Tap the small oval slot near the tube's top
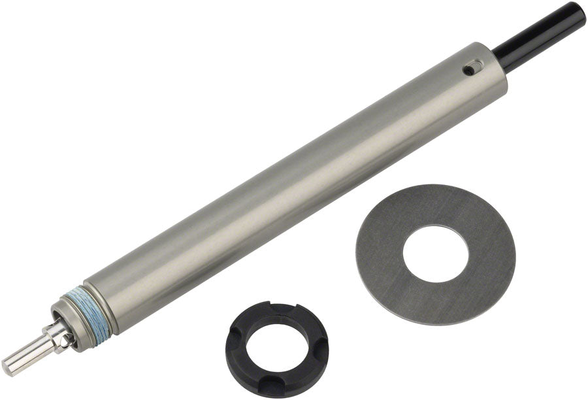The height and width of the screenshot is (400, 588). coord(472,68)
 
